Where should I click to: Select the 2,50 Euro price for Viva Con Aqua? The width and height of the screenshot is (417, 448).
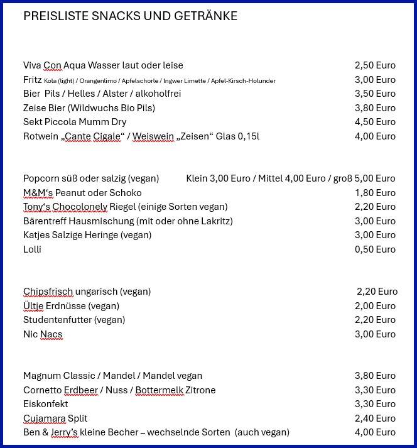[x=375, y=65]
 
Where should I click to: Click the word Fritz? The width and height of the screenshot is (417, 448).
[x=32, y=80]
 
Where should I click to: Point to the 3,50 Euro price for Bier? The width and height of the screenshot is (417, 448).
[x=375, y=94]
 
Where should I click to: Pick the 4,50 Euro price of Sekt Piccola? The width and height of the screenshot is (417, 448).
[x=375, y=122]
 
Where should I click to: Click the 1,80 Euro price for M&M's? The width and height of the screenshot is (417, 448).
[x=375, y=193]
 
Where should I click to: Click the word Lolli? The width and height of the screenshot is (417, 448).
[x=32, y=249]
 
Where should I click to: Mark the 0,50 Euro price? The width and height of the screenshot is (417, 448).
[x=375, y=249]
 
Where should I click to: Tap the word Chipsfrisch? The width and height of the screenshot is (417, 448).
[x=48, y=292]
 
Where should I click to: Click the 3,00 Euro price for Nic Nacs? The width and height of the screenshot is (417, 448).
[x=375, y=334]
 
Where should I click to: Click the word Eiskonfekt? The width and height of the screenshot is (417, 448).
[x=45, y=404]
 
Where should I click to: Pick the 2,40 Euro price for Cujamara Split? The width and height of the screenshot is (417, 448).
[x=375, y=418]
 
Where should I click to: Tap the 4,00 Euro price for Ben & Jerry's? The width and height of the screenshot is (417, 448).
[x=375, y=432]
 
